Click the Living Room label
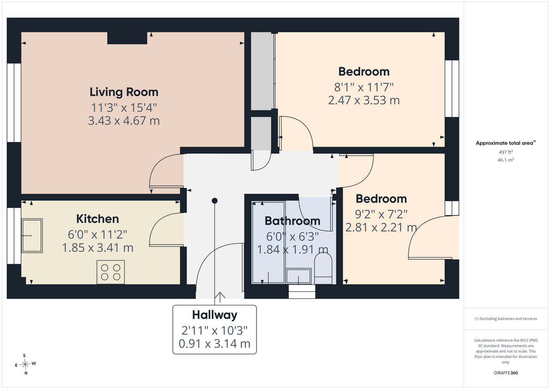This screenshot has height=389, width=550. point(124,92)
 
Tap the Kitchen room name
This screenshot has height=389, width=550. point(97,219)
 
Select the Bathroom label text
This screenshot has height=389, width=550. point(292,221)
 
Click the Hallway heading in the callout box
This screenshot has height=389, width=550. point(214,315)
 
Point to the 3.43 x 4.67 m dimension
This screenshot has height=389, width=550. point(124,121)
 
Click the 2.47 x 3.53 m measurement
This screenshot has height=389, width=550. point(364,100)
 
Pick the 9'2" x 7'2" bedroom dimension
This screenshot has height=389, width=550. point(381,214)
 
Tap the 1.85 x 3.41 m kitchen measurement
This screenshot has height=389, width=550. point(97,248)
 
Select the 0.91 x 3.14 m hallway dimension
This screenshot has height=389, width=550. point(214,343)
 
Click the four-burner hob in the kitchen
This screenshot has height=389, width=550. point(111,272)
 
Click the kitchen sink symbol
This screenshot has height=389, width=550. point(32,236)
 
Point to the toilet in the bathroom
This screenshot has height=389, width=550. point(323,268)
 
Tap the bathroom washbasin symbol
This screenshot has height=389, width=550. point(299,276)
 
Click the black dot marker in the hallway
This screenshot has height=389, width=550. point(214,201)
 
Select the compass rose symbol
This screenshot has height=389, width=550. point(25,364)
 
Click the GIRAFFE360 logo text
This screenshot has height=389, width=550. point(506,373)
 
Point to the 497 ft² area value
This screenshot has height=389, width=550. point(506,152)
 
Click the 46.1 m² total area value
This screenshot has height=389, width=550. point(506,160)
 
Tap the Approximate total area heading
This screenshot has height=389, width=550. point(506,143)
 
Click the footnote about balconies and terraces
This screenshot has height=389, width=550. point(506,319)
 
